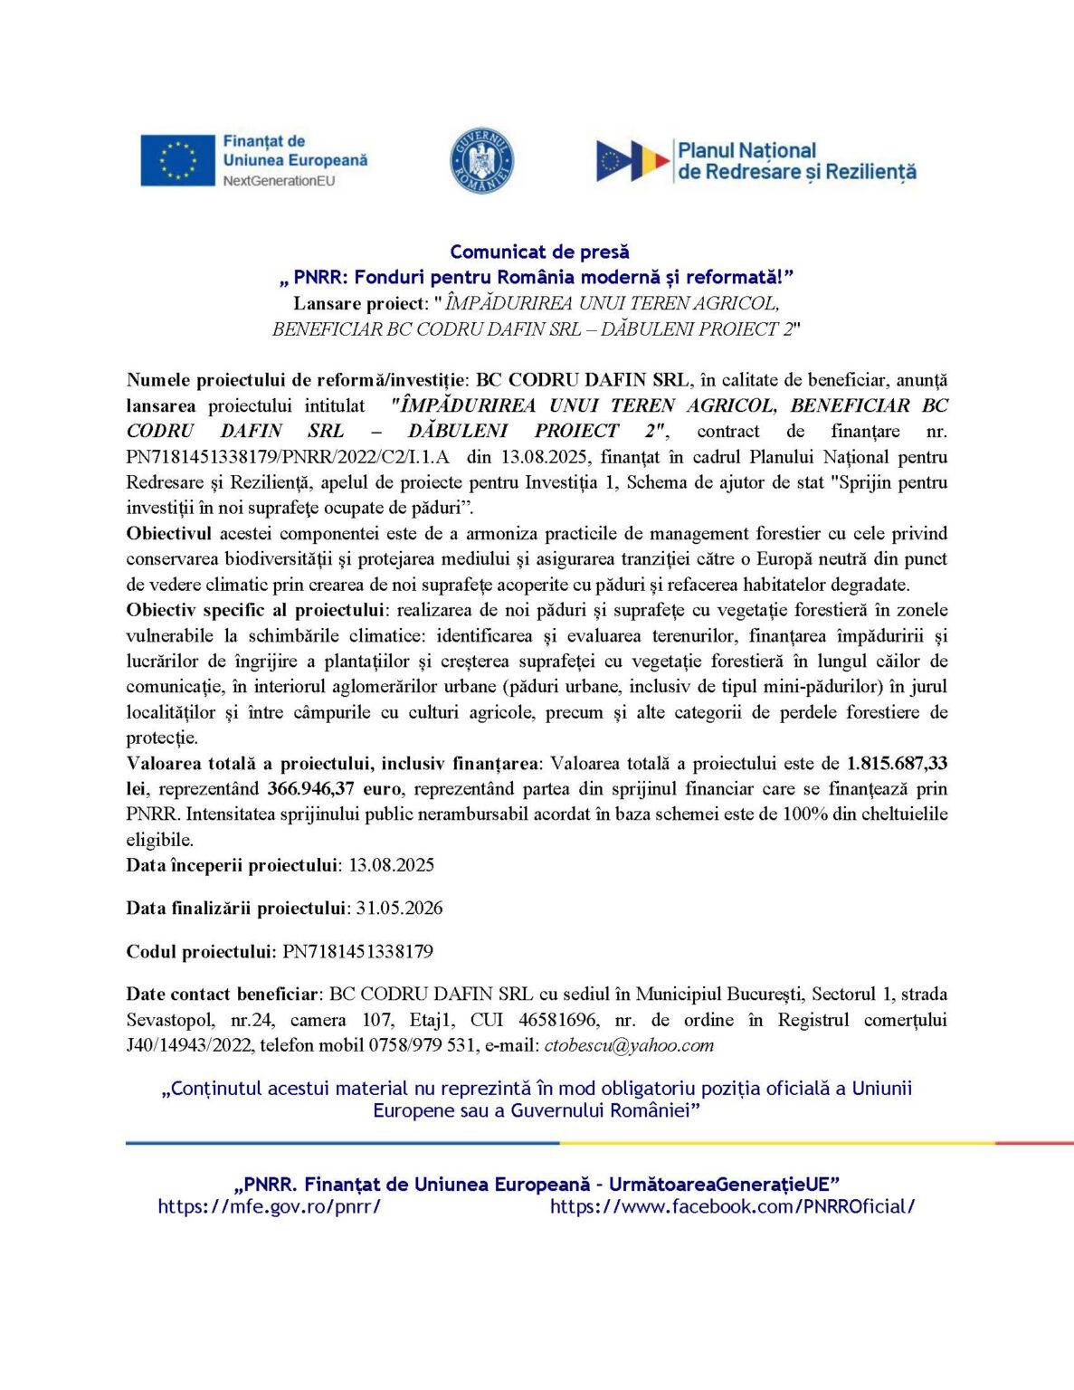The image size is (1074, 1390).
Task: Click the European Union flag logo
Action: [x=177, y=160]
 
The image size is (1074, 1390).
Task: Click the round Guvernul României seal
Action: [x=481, y=160]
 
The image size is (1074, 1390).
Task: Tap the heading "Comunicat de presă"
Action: [x=539, y=252]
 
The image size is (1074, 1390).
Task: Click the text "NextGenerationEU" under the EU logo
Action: [x=279, y=181]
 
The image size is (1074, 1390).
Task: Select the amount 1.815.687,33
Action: [x=897, y=763]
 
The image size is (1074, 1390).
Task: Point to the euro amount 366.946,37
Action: [x=310, y=788]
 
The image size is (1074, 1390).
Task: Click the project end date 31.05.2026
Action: [x=399, y=908]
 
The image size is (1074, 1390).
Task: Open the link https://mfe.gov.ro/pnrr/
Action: [x=269, y=1206]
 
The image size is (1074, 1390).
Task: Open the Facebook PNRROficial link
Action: [x=732, y=1206]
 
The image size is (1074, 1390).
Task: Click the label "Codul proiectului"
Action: [x=200, y=951]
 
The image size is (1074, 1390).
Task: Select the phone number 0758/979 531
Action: [x=423, y=1045]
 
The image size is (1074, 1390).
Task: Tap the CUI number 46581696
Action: [x=557, y=1020]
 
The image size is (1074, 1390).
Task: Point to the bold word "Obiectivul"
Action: [x=168, y=533]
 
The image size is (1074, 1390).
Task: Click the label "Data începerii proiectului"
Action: [x=232, y=864]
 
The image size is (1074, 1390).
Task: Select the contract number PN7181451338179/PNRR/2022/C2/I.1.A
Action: [x=288, y=457]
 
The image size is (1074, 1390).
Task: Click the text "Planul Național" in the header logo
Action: [x=746, y=151]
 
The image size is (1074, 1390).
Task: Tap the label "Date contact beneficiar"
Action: [x=223, y=994]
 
